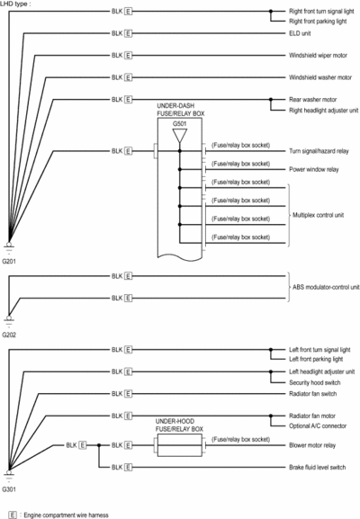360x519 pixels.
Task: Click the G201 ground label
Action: point(9,262)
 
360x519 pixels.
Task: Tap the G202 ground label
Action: point(9,335)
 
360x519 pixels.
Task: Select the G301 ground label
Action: point(9,489)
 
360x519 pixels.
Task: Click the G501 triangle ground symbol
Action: point(179,136)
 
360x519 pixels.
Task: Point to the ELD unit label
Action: point(300,33)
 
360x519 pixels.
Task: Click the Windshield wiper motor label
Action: point(318,55)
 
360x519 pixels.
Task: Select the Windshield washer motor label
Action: point(320,77)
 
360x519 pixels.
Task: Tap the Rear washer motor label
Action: point(312,99)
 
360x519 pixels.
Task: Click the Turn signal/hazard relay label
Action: point(319,151)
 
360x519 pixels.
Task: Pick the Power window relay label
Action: point(313,169)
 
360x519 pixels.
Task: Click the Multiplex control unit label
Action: point(318,215)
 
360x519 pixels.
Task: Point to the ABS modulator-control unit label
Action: point(326,287)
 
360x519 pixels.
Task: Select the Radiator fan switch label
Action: point(312,394)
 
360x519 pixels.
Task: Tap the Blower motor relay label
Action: point(312,445)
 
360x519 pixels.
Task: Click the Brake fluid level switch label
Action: point(318,468)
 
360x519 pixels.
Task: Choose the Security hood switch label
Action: point(315,382)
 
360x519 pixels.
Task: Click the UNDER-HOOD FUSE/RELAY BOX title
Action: point(179,425)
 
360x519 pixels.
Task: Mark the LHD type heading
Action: point(13,4)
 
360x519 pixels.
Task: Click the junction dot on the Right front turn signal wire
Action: point(271,12)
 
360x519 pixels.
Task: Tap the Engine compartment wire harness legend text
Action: point(66,515)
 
